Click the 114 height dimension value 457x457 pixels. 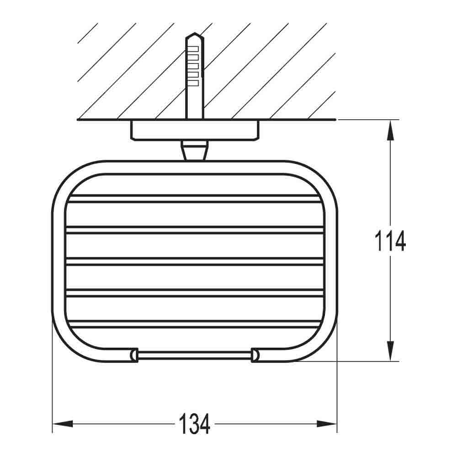tap(389, 241)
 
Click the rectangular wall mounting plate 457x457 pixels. tap(196, 130)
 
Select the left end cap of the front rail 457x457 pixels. tap(133, 355)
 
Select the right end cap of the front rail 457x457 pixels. tap(255, 355)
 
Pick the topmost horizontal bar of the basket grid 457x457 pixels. tap(194, 198)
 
